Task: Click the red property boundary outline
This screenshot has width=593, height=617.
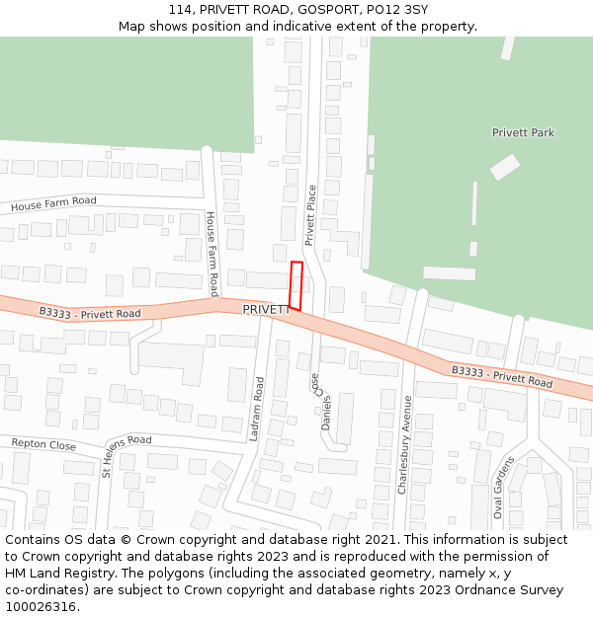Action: point(296,285)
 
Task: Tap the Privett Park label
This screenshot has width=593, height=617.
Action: point(523,132)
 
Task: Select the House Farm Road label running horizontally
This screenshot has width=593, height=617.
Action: point(54,204)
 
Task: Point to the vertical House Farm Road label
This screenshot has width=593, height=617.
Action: point(212,254)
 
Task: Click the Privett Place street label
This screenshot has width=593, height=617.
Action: point(309,214)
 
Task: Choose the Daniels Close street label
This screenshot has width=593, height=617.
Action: point(321,403)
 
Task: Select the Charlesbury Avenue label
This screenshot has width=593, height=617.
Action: point(404,444)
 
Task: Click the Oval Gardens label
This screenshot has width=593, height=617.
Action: point(504,487)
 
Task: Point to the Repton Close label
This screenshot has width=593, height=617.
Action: point(43,445)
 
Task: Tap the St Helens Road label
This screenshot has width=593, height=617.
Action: point(127,454)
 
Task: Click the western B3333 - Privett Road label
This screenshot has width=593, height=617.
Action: point(90,313)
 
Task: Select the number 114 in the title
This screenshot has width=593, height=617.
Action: point(180,9)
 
